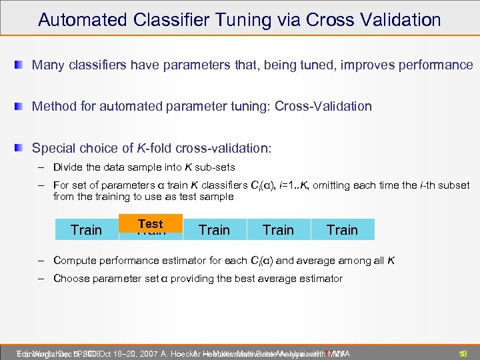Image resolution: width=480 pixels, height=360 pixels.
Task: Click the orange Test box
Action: pos(150,224)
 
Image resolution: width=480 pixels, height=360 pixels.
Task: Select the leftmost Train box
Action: pos(86,230)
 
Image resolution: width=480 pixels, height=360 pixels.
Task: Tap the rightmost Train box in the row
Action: pos(342,230)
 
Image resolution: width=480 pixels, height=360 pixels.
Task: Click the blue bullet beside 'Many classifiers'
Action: pos(21,65)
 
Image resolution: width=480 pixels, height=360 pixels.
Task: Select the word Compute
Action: pos(74,261)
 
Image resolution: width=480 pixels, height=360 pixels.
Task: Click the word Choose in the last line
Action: pos(71,279)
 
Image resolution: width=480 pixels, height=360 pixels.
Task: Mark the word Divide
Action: pos(69,167)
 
